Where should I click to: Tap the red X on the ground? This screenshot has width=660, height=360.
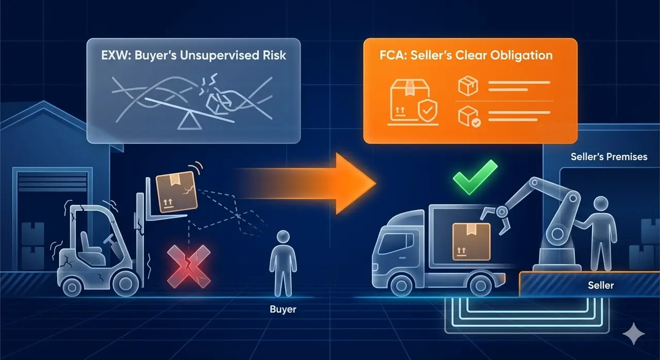(x=189, y=267)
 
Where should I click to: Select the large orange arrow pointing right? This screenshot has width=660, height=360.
(x=309, y=183)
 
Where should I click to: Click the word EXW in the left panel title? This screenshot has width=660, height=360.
(x=114, y=55)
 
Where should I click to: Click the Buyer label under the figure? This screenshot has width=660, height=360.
(x=283, y=309)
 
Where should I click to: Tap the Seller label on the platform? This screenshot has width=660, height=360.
(x=601, y=285)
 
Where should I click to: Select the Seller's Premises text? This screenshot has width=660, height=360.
(x=609, y=156)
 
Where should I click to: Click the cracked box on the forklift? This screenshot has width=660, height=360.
(x=176, y=192)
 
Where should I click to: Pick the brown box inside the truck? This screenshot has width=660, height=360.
(x=471, y=242)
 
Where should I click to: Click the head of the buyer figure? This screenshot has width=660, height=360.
(x=284, y=237)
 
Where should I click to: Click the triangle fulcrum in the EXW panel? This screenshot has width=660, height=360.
(x=189, y=122)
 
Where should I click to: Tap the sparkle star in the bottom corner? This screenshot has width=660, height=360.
(x=634, y=334)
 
